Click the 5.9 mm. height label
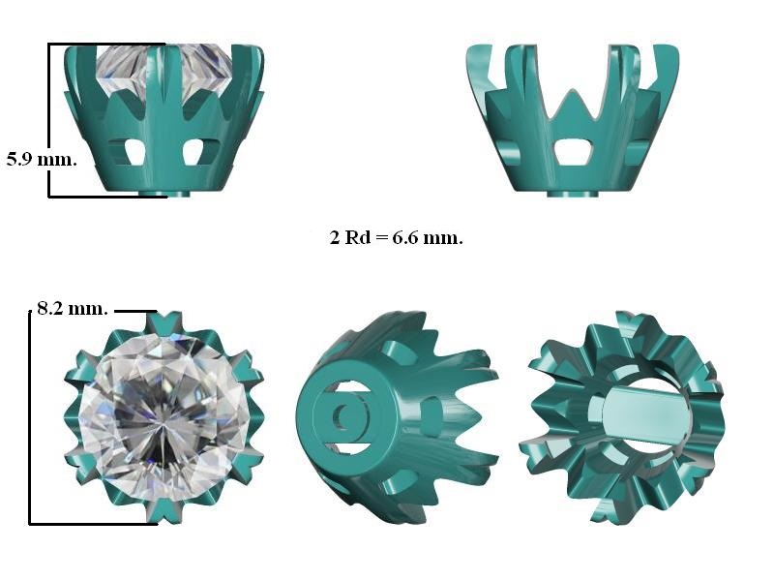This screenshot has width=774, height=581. (x=42, y=159)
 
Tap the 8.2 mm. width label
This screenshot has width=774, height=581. (x=73, y=309)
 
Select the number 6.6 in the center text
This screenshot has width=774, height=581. (x=404, y=237)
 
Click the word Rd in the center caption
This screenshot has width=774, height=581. (x=357, y=237)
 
